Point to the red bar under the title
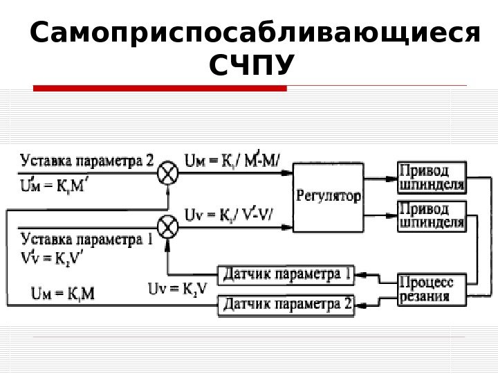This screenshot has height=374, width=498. (x=160, y=88)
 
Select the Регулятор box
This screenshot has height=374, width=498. (x=329, y=197)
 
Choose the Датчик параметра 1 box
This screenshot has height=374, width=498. (x=286, y=275)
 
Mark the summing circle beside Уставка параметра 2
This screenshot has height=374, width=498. (x=167, y=175)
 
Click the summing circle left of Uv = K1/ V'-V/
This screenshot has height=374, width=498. (x=167, y=226)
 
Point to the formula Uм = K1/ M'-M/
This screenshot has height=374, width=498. (x=233, y=161)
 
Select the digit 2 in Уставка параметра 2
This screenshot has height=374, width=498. (x=150, y=161)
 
